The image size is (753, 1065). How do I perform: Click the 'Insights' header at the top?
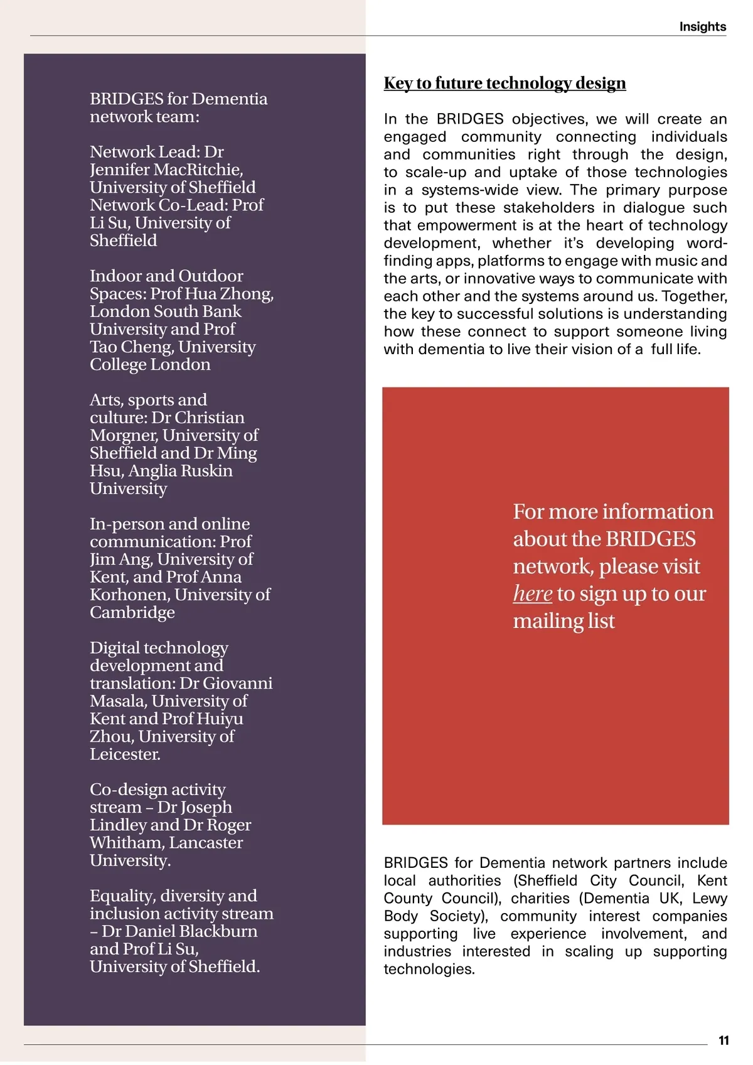tap(702, 26)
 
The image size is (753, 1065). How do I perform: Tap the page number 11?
tap(724, 1041)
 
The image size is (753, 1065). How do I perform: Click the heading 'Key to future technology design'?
tap(505, 83)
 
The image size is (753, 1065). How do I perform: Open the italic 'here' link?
tap(532, 593)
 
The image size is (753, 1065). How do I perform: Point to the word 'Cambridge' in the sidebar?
tap(132, 612)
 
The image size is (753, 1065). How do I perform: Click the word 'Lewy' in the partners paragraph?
tap(708, 899)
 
